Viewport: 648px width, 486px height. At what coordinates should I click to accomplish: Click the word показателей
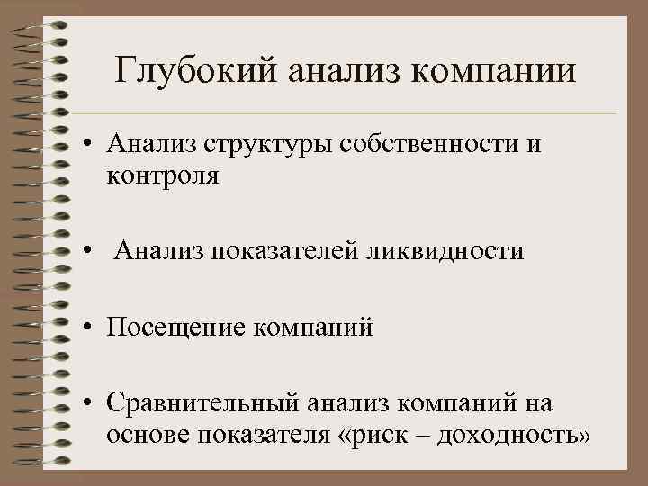tap(287, 249)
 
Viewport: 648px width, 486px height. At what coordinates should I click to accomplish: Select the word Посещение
tap(181, 326)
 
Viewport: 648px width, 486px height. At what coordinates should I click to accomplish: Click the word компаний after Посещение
tap(320, 326)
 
